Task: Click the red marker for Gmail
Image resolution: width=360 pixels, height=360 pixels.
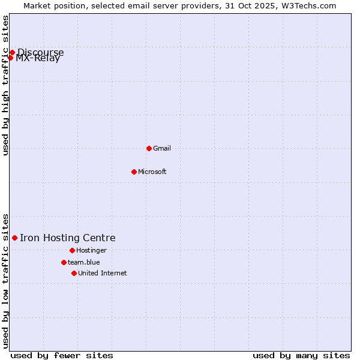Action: (x=149, y=148)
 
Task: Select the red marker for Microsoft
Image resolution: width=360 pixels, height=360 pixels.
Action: (x=134, y=172)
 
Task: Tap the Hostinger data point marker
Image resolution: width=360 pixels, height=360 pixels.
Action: (x=72, y=250)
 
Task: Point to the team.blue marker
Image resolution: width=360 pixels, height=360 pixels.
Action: (x=64, y=262)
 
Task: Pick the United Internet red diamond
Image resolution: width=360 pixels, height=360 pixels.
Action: (x=74, y=273)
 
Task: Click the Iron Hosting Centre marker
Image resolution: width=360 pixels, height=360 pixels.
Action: (x=14, y=238)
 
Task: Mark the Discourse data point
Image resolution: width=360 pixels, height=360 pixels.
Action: (x=12, y=52)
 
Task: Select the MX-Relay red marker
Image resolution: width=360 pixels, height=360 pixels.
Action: (x=10, y=58)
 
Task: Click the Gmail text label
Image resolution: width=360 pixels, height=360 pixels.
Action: (x=162, y=148)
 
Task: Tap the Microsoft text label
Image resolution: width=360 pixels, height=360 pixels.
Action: (x=152, y=172)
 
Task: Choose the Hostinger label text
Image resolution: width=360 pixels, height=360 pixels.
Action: (x=91, y=250)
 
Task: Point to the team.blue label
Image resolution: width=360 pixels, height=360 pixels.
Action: (x=84, y=262)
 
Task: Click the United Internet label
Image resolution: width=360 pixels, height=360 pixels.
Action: (x=103, y=273)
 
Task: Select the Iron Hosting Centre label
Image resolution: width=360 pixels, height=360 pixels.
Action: (x=68, y=238)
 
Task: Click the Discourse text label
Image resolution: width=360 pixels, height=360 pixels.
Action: (x=41, y=52)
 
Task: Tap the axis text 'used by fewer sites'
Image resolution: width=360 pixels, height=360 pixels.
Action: (x=62, y=355)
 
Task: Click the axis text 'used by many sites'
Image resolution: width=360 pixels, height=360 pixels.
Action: (x=301, y=355)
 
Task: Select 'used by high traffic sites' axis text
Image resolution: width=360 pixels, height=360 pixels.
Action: (x=6, y=86)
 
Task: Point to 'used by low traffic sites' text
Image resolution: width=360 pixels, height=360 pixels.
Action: (x=6, y=280)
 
